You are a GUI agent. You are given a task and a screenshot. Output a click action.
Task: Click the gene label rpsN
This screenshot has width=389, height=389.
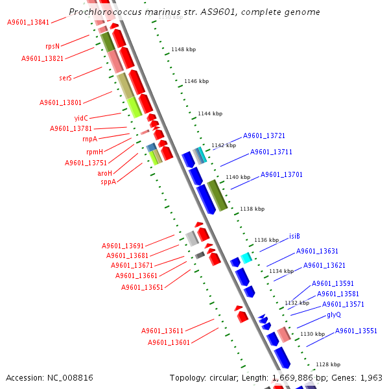[x=53, y=47]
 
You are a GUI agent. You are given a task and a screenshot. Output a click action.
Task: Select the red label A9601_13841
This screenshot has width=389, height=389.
[x=28, y=22]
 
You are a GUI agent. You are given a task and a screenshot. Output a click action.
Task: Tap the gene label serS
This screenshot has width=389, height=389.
[x=65, y=78]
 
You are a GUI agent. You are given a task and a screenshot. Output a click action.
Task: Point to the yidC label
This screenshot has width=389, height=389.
[x=81, y=118]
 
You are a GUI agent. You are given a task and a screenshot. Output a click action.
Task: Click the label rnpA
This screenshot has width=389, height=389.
[x=89, y=139]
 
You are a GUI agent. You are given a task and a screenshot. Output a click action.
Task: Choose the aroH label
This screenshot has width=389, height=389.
[x=104, y=173]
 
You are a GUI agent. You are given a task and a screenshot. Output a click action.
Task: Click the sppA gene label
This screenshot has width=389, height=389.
[x=108, y=182]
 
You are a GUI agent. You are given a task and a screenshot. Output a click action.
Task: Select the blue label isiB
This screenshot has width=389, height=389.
[x=294, y=236]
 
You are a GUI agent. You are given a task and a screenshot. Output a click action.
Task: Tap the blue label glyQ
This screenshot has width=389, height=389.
[x=334, y=314]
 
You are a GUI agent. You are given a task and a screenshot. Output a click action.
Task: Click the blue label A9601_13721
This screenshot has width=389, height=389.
[x=264, y=136]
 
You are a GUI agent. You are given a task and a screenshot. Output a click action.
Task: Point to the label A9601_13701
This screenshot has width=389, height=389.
[x=281, y=175]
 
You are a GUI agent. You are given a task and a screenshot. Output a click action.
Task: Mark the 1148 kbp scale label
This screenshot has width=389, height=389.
[x=183, y=49]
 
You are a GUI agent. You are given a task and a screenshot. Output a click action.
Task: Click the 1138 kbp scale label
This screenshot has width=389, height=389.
[x=252, y=209]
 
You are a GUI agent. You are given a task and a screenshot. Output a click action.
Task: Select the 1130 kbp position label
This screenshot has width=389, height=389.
[x=312, y=334]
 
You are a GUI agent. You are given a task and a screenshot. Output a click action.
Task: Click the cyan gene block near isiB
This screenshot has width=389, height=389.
[x=246, y=257]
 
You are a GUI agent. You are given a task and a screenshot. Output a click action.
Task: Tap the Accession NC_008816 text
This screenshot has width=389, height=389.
[x=49, y=377]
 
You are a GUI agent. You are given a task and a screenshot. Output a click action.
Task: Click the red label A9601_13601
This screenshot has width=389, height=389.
[x=169, y=342]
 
